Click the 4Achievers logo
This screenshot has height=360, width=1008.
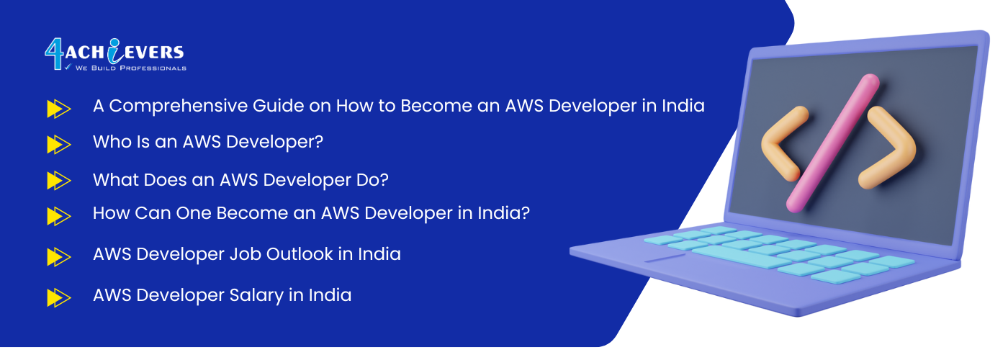(x=115, y=55)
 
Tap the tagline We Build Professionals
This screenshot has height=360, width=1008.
(x=130, y=68)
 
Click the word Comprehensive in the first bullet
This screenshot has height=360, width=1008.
(x=179, y=107)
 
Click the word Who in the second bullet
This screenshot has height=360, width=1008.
(x=112, y=142)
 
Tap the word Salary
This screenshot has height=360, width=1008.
(x=256, y=296)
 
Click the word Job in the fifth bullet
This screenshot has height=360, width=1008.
(x=246, y=254)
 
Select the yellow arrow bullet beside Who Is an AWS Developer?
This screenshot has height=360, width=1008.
(x=59, y=145)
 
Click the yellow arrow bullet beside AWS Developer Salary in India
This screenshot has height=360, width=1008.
(x=59, y=298)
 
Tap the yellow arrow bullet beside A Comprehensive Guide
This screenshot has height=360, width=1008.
(x=59, y=109)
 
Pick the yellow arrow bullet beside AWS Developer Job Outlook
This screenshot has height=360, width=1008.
(x=59, y=257)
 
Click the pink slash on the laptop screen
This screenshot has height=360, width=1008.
(x=833, y=143)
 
